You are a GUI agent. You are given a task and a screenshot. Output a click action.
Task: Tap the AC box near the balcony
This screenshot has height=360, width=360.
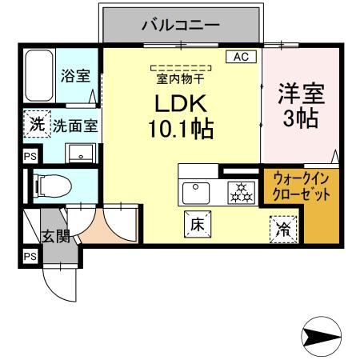(x=241, y=56)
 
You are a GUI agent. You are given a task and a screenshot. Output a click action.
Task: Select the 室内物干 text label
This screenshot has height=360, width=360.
(x=179, y=78)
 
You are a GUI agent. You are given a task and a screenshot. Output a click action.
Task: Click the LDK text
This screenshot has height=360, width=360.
(x=181, y=104)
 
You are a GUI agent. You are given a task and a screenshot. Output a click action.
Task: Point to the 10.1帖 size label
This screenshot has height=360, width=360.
(x=181, y=129)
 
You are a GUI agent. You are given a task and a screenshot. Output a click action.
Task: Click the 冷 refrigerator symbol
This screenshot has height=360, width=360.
(x=282, y=229)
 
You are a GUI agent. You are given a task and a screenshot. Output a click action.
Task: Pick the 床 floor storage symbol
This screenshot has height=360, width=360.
(x=197, y=226)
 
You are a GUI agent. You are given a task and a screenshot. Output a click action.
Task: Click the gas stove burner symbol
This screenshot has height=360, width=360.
(x=239, y=192)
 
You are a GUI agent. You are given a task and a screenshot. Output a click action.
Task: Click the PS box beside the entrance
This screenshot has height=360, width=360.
(x=30, y=257)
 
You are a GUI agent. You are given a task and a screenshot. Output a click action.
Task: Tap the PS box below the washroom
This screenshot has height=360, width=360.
(x=30, y=157)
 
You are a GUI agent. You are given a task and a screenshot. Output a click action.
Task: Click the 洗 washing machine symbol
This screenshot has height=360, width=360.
(x=36, y=124)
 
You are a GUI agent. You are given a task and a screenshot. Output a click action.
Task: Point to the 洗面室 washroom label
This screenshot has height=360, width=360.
(x=76, y=126)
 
